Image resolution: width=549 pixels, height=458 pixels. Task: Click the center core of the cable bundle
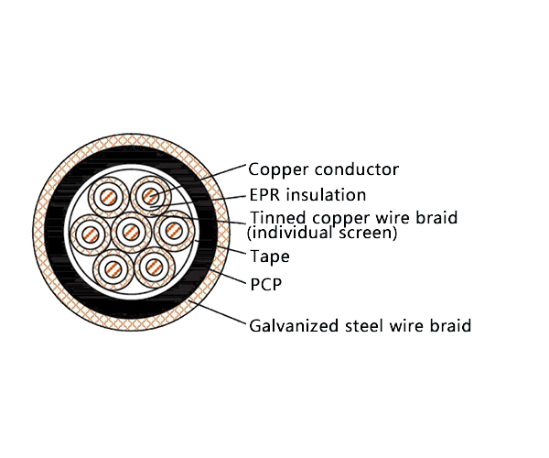point(132,230)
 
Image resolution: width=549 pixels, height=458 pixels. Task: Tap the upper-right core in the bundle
point(149,195)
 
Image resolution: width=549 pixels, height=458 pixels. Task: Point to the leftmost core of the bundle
point(90,233)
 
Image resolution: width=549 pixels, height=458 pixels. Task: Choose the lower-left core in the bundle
point(113,268)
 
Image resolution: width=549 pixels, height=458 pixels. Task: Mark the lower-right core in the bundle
point(153,267)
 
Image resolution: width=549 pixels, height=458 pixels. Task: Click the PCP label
point(265,284)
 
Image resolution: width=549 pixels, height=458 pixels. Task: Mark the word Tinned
point(275,218)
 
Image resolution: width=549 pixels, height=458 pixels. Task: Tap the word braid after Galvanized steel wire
point(449,325)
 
